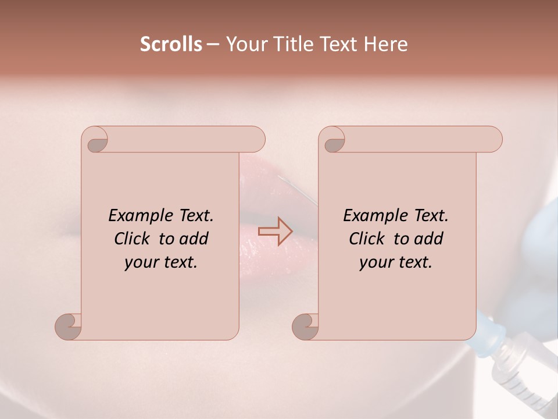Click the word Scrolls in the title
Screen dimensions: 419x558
coord(171,44)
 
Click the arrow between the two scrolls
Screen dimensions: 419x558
coord(276,231)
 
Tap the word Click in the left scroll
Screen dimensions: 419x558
coord(132,239)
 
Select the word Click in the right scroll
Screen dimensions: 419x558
coord(367,239)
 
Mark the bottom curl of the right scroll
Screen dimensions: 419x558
coord(306,326)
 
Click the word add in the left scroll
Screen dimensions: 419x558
coord(194,239)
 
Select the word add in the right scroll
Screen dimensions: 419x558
coord(429,239)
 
